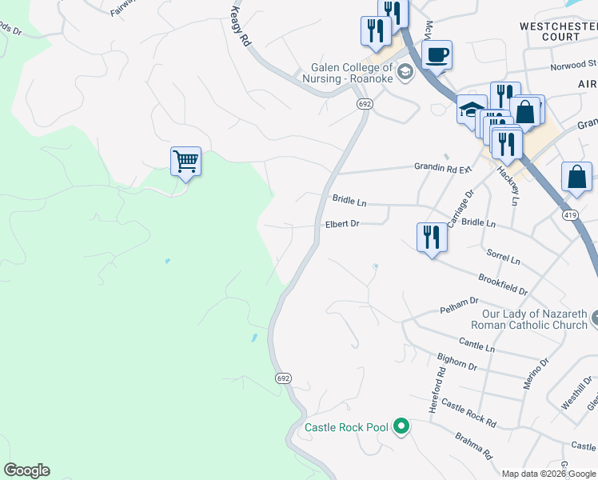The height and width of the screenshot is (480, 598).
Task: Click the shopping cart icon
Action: pyautogui.click(x=185, y=162)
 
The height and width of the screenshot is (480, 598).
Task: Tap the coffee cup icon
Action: pyautogui.click(x=437, y=55)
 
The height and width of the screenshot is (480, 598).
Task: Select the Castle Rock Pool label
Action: pyautogui.click(x=346, y=427)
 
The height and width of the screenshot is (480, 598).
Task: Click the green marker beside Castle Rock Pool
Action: pyautogui.click(x=402, y=427)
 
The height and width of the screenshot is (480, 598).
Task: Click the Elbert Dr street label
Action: pyautogui.click(x=342, y=224)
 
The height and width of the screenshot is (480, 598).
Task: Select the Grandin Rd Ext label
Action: pyautogui.click(x=443, y=167)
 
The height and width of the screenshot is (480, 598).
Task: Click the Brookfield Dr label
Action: pyautogui.click(x=503, y=283)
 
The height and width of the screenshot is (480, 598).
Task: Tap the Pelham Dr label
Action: pyautogui.click(x=458, y=305)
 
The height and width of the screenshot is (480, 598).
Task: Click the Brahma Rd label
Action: pyautogui.click(x=472, y=445)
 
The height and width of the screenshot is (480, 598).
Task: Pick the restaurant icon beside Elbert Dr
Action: pyautogui.click(x=430, y=236)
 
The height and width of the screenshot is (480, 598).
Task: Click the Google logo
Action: pyautogui.click(x=26, y=470)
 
